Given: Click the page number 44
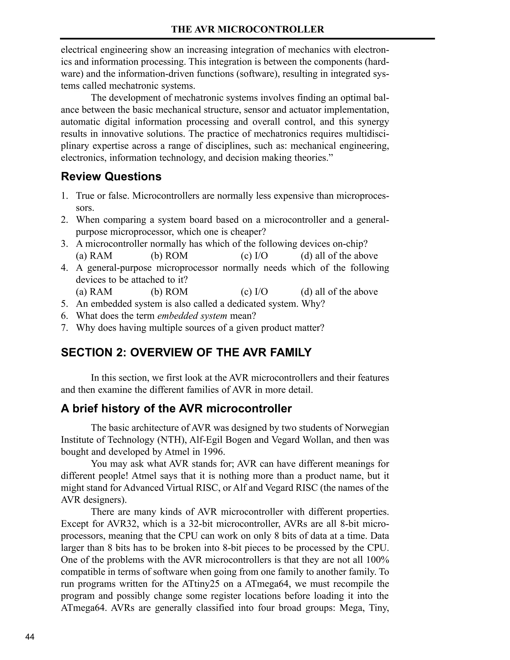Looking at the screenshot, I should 30,637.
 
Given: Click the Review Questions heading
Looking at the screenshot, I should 111,177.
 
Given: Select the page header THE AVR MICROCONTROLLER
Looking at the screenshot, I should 248,29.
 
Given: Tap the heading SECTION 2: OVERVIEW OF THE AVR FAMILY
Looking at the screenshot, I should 186,352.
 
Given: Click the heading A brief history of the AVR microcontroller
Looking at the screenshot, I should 176,408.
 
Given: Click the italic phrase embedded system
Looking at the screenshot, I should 192,316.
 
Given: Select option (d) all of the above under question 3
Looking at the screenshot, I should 339,256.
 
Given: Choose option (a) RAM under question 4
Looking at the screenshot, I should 94,292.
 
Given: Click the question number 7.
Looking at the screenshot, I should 64,328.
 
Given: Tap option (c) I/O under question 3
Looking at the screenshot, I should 254,256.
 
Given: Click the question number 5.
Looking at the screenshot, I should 64,304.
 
